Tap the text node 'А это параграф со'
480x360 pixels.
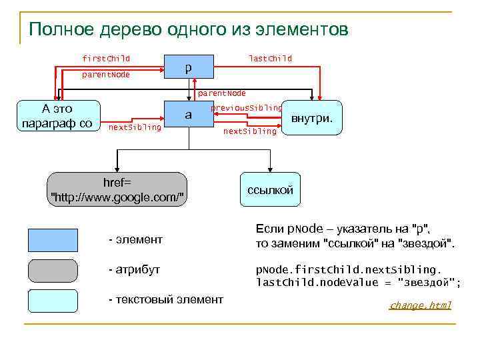[57, 115]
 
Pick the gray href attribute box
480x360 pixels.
[117, 189]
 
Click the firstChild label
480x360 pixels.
[105, 59]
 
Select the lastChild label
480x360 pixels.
[270, 59]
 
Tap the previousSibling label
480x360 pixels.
[246, 107]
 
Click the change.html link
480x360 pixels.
[421, 305]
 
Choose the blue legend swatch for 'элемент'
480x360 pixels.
[53, 239]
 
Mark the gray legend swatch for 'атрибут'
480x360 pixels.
[53, 271]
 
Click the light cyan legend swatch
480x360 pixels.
[53, 301]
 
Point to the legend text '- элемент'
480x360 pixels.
[135, 239]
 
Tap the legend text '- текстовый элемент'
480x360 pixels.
[165, 299]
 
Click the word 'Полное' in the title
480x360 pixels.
[64, 30]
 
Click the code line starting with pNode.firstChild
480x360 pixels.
[349, 270]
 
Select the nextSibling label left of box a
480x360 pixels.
[135, 127]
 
